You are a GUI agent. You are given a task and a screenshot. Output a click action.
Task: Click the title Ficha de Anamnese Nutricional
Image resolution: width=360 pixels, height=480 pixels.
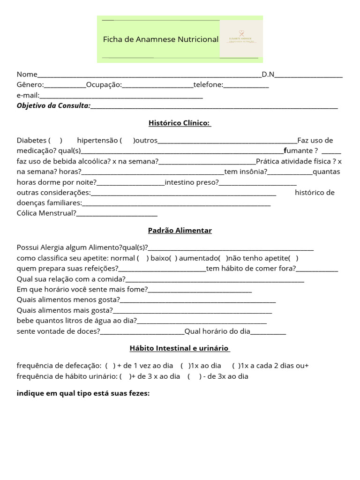[x=161, y=39]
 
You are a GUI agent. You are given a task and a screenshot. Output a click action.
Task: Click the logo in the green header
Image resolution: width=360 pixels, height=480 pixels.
[x=241, y=39]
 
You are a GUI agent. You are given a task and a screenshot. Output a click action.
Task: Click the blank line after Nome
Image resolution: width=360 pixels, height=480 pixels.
[x=149, y=75]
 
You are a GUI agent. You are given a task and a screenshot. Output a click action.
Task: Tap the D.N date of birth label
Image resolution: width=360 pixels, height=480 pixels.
[x=268, y=74]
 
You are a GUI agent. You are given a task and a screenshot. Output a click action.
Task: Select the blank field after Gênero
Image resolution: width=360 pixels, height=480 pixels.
[x=65, y=85]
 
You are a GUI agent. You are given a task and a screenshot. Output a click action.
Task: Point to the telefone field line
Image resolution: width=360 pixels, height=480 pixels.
[x=246, y=85]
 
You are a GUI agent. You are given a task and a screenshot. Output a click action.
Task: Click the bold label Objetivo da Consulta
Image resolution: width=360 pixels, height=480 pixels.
[x=53, y=105]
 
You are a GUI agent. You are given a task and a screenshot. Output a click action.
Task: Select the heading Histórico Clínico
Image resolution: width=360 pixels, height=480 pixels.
[x=180, y=123]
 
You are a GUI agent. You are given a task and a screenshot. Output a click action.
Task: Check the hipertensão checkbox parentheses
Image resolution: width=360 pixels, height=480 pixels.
[x=127, y=140]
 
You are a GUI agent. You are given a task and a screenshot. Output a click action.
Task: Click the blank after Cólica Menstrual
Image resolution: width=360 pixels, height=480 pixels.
[x=117, y=213]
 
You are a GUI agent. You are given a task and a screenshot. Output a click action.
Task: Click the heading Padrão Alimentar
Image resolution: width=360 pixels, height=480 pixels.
[x=180, y=231]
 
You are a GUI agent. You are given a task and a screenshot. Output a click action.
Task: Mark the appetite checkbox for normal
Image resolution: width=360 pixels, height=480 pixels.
[x=143, y=258]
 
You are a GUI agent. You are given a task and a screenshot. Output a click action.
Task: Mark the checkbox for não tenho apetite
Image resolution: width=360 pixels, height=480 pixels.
[x=293, y=258]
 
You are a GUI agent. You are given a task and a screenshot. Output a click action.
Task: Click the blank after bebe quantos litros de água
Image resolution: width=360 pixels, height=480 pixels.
[x=202, y=321]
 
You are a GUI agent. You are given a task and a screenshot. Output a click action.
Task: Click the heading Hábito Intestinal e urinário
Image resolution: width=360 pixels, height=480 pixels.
[x=180, y=348]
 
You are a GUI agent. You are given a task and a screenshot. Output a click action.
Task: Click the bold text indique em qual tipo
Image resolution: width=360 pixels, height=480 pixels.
[x=83, y=393]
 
